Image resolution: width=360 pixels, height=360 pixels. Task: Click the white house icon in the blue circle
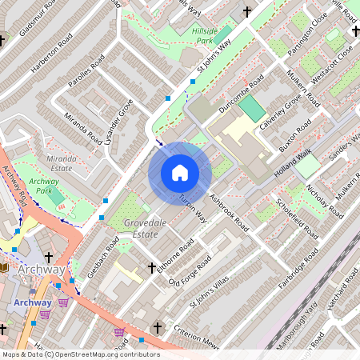(x=180, y=172)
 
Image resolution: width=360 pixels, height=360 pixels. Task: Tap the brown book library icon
(x=6, y=267)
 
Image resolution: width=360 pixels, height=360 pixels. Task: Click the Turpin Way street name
(x=193, y=208)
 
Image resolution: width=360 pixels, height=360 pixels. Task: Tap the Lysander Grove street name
(x=115, y=122)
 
